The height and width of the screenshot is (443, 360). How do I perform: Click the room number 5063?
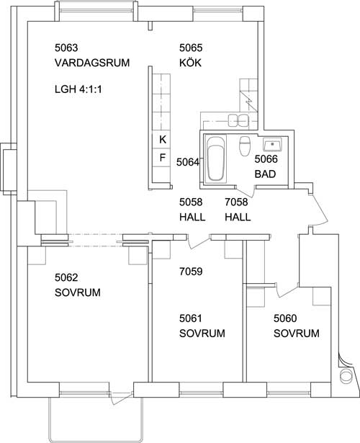[66, 48]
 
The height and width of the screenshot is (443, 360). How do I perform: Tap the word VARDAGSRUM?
[92, 63]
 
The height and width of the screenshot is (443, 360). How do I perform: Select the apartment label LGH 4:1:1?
[78, 89]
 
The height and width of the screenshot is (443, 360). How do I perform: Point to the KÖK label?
[190, 62]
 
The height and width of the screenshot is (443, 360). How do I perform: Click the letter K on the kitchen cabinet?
[163, 139]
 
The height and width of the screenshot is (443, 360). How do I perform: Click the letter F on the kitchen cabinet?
[162, 157]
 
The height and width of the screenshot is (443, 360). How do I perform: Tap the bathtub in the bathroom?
[215, 158]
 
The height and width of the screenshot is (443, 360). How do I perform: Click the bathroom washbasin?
[272, 144]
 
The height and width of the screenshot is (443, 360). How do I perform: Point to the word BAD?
[265, 174]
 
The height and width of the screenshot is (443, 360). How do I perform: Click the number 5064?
[188, 162]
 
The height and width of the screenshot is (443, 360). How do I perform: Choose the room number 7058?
[236, 202]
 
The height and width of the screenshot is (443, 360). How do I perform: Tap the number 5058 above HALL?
[191, 202]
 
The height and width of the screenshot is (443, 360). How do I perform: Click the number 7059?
[191, 272]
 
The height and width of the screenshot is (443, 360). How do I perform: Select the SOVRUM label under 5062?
[78, 292]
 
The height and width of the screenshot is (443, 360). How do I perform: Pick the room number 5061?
[191, 318]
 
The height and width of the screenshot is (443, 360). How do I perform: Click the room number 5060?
[285, 318]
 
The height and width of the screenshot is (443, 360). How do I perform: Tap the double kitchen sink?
[238, 120]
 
